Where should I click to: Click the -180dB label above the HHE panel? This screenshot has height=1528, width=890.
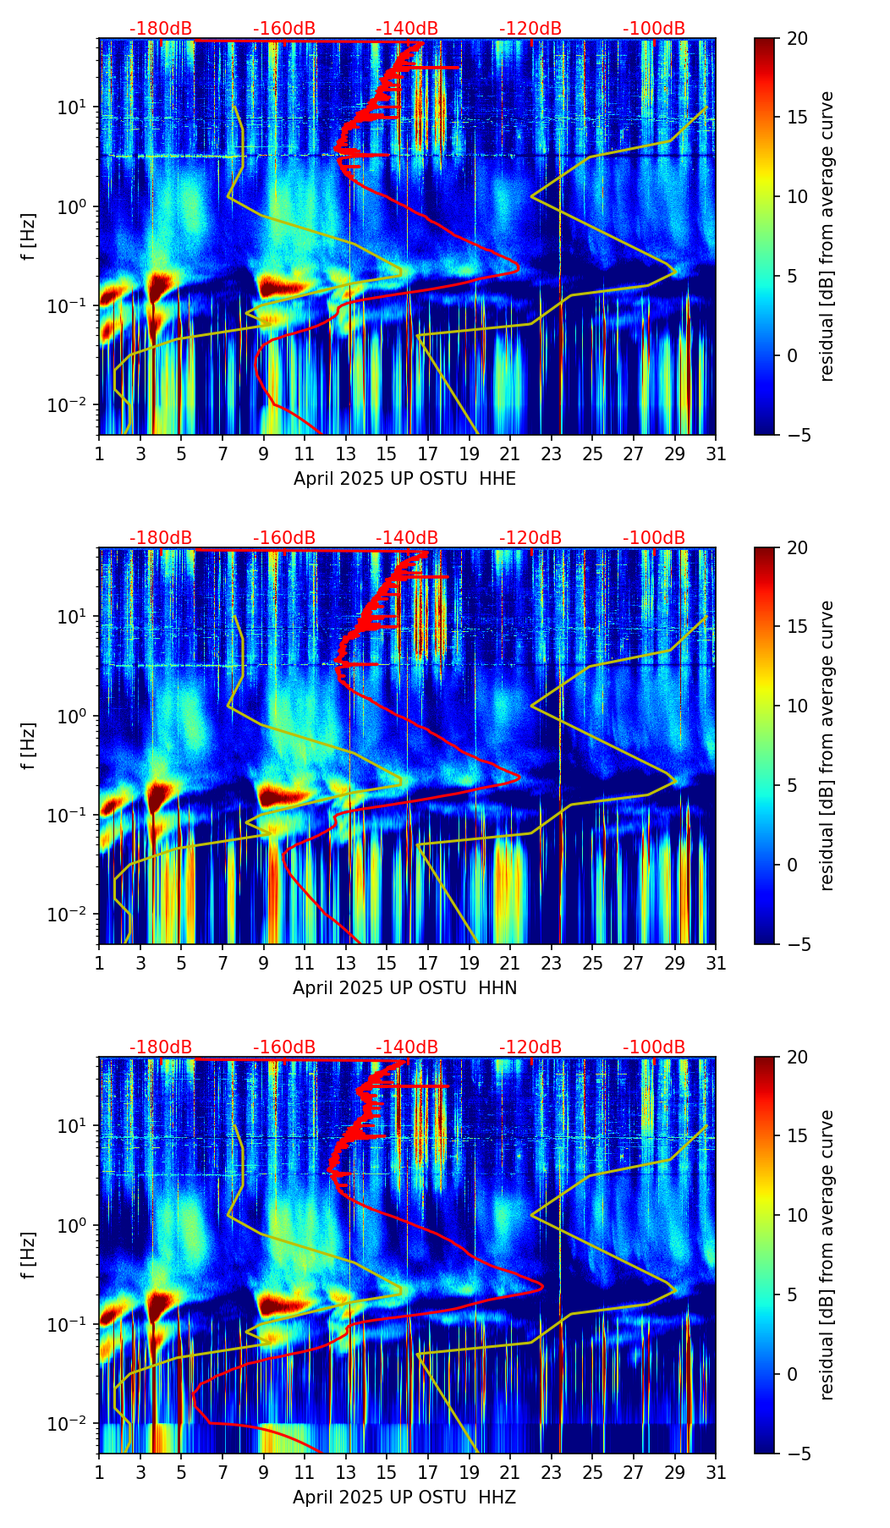tap(161, 29)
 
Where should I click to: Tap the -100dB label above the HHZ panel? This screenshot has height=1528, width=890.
tap(654, 1047)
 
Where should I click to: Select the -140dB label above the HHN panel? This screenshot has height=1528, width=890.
tap(407, 538)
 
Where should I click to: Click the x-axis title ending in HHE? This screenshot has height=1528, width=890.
tap(404, 479)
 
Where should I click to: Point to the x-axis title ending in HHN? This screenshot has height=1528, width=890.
tap(404, 988)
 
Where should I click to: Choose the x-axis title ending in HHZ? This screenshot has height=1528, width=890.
tap(404, 1498)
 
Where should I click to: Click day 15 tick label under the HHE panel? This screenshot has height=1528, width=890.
tap(387, 454)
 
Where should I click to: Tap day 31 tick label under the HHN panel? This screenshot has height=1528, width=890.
tap(716, 964)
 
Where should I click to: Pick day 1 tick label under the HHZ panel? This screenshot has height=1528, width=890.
tap(100, 1473)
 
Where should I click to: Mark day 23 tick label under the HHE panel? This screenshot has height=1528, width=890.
tap(552, 454)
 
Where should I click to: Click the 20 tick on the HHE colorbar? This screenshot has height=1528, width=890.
tap(797, 39)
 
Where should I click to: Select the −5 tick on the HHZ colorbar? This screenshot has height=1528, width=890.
tap(797, 1454)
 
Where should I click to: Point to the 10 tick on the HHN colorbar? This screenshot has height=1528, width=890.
tap(797, 706)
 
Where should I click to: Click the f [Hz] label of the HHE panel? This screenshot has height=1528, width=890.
tap(30, 237)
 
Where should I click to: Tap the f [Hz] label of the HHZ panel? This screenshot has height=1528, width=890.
tap(30, 1256)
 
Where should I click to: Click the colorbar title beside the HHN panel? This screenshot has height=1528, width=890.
tap(827, 745)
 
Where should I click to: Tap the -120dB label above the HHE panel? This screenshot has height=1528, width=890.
tap(530, 29)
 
